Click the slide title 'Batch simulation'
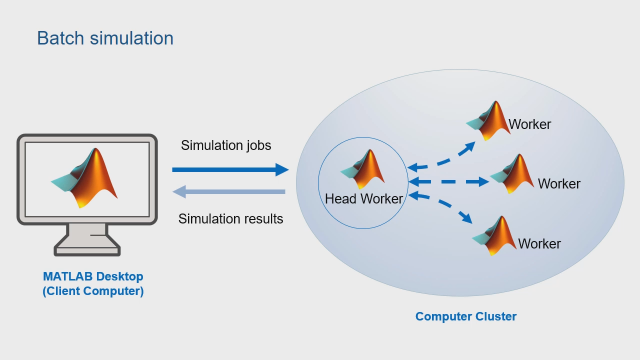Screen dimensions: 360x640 (x=105, y=38)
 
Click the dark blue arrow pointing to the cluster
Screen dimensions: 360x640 (x=230, y=169)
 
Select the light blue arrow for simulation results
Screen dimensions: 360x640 (x=230, y=193)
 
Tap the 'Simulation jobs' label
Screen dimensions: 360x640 (x=226, y=145)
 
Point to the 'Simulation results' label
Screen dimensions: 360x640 (x=230, y=218)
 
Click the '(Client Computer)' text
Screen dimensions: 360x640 (x=93, y=291)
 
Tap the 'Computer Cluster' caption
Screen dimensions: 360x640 (x=466, y=317)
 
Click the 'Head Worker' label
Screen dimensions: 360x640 (x=364, y=198)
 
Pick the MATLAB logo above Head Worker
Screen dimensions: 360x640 (x=364, y=168)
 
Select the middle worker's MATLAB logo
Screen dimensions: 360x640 (x=514, y=172)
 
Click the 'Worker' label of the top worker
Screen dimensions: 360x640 (x=530, y=125)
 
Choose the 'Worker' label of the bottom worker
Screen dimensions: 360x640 (x=539, y=243)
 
